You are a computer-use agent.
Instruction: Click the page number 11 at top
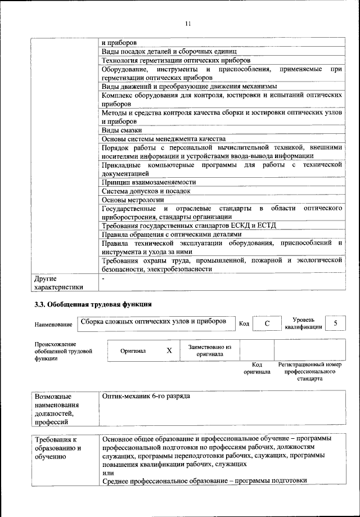tap(188, 24)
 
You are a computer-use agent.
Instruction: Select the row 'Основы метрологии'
tap(133, 199)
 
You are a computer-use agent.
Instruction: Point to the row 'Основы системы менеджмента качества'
tap(164, 138)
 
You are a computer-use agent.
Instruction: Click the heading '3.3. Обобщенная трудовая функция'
tap(93, 304)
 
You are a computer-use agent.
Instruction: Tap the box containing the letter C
tap(267, 323)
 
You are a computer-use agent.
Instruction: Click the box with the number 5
tap(335, 323)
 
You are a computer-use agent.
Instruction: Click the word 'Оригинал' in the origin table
tap(133, 350)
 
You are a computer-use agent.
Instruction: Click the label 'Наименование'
tap(53, 324)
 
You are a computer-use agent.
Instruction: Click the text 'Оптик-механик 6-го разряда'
tap(146, 396)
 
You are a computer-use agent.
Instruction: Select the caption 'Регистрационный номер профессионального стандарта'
tap(310, 371)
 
